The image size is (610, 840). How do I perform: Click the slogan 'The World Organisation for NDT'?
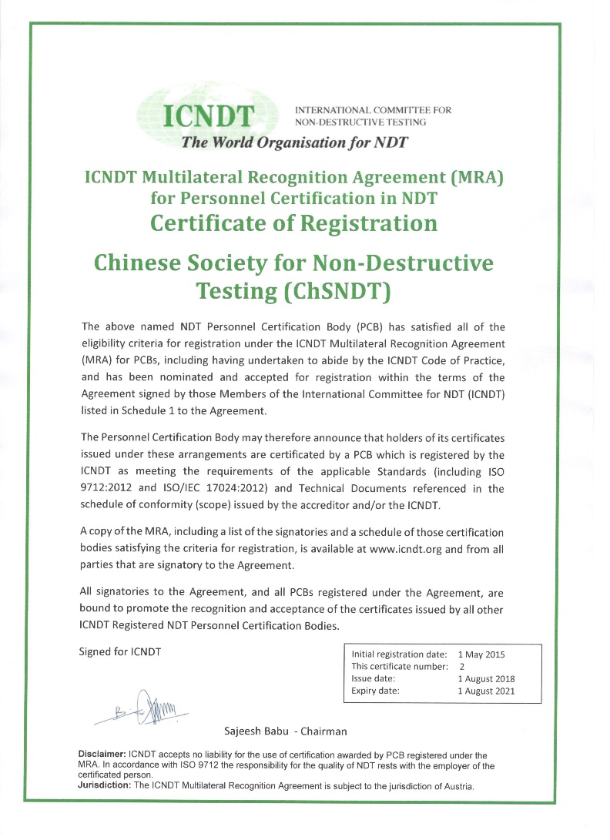(x=293, y=142)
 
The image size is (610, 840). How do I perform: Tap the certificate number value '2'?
(x=461, y=666)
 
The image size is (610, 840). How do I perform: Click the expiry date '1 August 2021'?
(x=485, y=691)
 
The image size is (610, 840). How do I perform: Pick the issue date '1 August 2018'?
(x=485, y=678)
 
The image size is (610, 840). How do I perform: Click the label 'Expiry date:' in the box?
(x=375, y=691)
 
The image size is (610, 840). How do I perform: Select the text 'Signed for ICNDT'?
(x=120, y=651)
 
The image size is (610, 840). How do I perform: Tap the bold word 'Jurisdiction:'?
(x=106, y=785)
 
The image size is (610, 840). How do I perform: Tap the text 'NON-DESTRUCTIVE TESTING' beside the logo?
(x=361, y=121)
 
